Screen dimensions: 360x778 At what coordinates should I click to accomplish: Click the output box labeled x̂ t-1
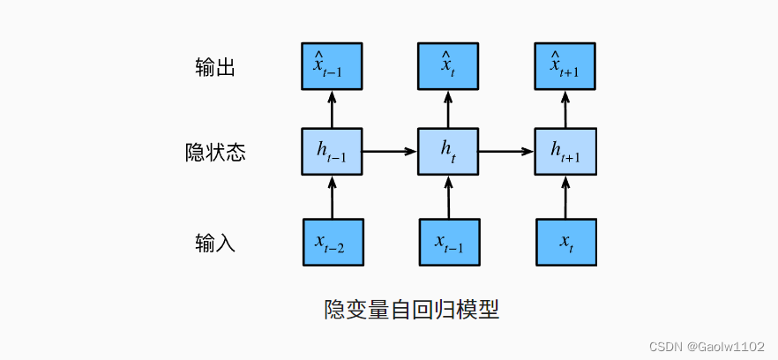[333, 66]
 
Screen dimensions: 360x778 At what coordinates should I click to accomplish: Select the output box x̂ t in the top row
[448, 66]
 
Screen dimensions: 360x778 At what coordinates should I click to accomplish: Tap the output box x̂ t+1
[565, 66]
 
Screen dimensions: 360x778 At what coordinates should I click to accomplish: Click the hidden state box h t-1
[333, 152]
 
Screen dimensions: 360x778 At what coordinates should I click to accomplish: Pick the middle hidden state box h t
[448, 152]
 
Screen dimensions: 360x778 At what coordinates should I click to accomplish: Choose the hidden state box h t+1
[565, 152]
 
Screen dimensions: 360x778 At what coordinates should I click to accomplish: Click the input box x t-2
[333, 241]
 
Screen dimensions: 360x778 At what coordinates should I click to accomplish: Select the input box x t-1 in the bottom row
[448, 241]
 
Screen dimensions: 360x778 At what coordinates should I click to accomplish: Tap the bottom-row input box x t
[565, 241]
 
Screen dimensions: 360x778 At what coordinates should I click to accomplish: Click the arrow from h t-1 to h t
[390, 152]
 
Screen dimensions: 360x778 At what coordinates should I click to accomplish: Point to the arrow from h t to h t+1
[506, 152]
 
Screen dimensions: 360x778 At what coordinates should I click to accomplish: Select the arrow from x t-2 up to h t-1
[333, 196]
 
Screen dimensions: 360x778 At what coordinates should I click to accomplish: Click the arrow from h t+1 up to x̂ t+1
[565, 109]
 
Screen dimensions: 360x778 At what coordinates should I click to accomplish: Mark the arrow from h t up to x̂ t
[448, 109]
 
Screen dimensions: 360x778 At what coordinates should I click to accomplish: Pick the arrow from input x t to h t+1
[565, 196]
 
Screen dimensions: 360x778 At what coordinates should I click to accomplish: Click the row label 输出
[214, 67]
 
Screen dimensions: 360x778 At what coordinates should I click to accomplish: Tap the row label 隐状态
[214, 153]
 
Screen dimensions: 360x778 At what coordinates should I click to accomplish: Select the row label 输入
[214, 242]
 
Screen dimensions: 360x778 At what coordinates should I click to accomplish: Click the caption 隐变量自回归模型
[412, 310]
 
